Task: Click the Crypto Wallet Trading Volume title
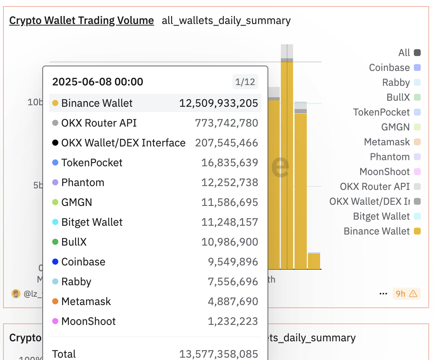(x=82, y=20)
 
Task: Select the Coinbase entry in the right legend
(x=389, y=68)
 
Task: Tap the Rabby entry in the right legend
(x=396, y=83)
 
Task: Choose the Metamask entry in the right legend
(x=387, y=142)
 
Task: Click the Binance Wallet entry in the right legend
(x=377, y=231)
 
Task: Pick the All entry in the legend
(x=404, y=53)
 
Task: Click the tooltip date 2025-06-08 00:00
(x=98, y=82)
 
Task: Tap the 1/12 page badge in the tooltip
(x=245, y=82)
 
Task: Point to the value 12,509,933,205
(x=219, y=103)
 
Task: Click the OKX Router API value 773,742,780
(x=226, y=123)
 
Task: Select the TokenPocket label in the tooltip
(x=92, y=162)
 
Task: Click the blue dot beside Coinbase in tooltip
(x=55, y=262)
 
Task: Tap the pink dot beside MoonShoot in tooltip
(x=55, y=321)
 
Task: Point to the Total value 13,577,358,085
(x=219, y=354)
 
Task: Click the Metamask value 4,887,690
(x=233, y=301)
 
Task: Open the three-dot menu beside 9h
(x=383, y=294)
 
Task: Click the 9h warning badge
(x=406, y=294)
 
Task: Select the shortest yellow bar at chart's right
(x=314, y=261)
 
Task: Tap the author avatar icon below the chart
(x=16, y=294)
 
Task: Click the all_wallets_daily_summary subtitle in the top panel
(x=226, y=20)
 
